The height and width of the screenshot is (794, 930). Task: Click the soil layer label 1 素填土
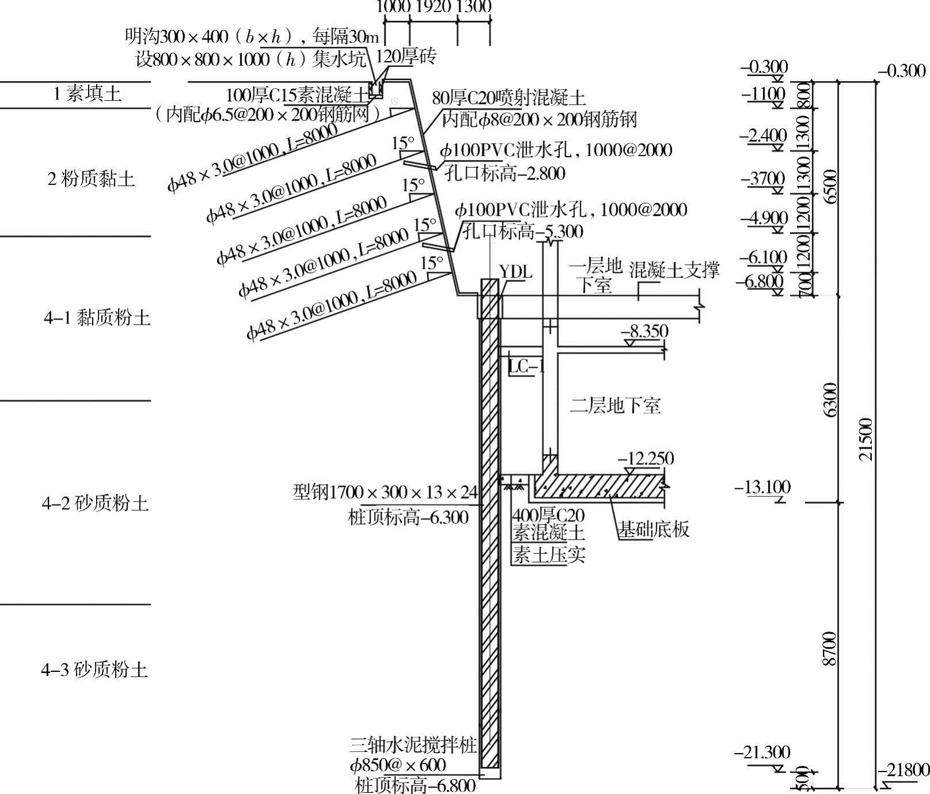(x=87, y=94)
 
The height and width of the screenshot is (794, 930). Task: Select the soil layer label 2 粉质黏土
(x=91, y=179)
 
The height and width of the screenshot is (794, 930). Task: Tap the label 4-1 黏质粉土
(x=97, y=317)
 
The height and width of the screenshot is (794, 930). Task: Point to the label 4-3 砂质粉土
(x=94, y=670)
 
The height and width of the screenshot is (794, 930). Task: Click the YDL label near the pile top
(x=515, y=272)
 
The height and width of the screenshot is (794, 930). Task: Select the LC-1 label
(x=526, y=366)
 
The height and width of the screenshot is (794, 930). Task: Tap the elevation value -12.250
(x=645, y=459)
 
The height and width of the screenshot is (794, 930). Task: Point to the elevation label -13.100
(x=763, y=487)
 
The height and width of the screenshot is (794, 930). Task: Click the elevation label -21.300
(x=763, y=752)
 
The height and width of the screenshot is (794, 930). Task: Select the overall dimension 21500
(x=866, y=439)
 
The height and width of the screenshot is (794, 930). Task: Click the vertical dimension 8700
(x=829, y=648)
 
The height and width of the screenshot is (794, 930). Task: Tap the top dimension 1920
(x=433, y=7)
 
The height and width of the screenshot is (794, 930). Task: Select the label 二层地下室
(x=615, y=405)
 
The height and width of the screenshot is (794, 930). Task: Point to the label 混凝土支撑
(x=674, y=269)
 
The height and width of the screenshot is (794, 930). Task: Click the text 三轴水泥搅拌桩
(x=413, y=746)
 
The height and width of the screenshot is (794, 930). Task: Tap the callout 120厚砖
(x=406, y=56)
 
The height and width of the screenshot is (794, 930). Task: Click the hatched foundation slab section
(x=599, y=487)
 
